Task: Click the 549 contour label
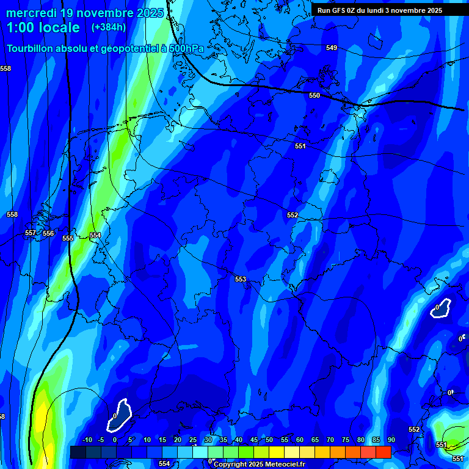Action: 331,48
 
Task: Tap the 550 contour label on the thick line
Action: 314,96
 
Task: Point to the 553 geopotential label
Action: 241,279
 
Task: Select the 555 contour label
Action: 68,238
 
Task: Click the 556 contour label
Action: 48,234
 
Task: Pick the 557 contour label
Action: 31,233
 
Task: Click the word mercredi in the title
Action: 31,13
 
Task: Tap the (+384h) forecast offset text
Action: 109,27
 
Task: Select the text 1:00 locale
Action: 43,27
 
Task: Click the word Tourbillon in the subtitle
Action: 30,48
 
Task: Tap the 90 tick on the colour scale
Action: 391,440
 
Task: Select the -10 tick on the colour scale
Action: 87,440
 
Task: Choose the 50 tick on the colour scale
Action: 269,440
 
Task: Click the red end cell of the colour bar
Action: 383,452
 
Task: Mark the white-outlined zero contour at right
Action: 440,308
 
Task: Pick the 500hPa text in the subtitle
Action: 187,48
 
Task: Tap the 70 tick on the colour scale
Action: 330,440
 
